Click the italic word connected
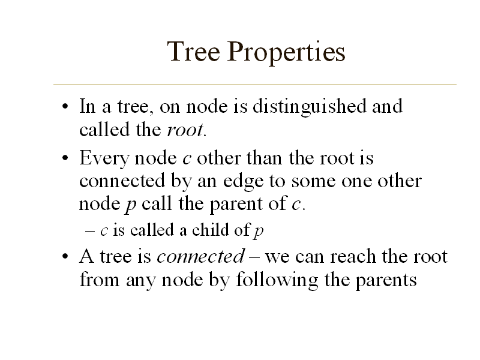click(x=200, y=257)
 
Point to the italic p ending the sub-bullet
click(x=259, y=232)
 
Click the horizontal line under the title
click(x=255, y=84)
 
